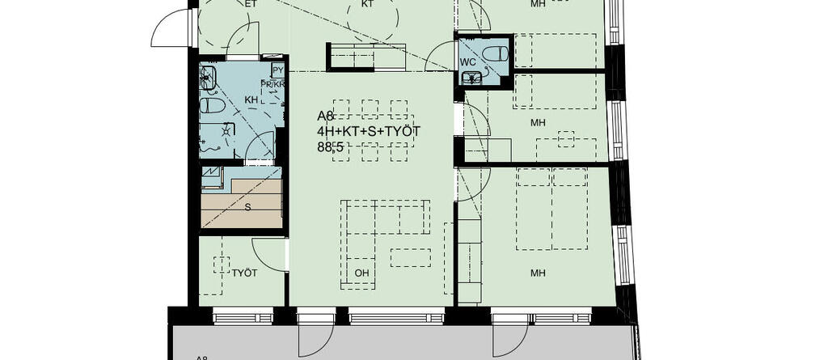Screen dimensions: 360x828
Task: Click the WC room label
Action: pyautogui.click(x=467, y=61)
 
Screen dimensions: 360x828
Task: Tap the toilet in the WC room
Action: pyautogui.click(x=494, y=53)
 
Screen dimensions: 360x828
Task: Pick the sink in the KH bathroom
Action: pyautogui.click(x=209, y=78)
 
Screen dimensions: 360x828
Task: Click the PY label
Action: pyautogui.click(x=277, y=70)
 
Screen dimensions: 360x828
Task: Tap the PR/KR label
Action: pyautogui.click(x=272, y=85)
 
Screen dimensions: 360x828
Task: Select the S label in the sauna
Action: pyautogui.click(x=247, y=206)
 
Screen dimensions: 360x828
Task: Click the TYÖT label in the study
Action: pyautogui.click(x=244, y=273)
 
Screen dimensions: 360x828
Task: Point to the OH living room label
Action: pyautogui.click(x=361, y=273)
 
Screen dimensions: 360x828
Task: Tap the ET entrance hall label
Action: pyautogui.click(x=250, y=4)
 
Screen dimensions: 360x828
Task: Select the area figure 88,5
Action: pyautogui.click(x=332, y=146)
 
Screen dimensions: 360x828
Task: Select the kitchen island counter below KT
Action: pyautogui.click(x=367, y=57)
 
